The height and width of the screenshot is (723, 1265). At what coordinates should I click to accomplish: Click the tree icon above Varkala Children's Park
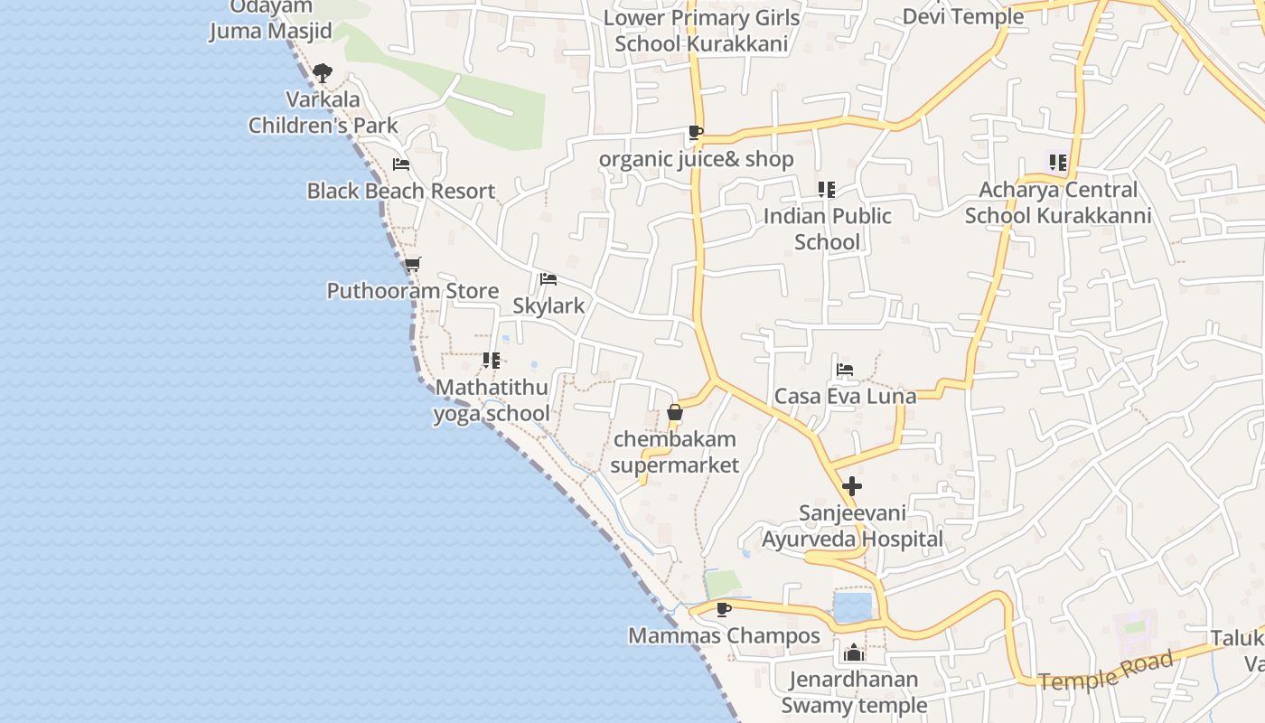(322, 73)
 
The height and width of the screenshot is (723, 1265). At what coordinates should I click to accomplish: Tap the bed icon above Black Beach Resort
(401, 164)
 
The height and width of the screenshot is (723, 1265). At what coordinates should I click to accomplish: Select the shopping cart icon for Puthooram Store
(412, 265)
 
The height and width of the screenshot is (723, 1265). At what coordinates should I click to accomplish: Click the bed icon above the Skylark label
(548, 279)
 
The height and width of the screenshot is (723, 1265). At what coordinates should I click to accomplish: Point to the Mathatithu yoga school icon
(492, 361)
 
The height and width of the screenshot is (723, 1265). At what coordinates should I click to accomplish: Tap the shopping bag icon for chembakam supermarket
(674, 414)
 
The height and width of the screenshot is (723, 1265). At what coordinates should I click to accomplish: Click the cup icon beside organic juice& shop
(695, 133)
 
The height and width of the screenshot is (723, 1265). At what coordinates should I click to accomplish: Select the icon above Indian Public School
(826, 190)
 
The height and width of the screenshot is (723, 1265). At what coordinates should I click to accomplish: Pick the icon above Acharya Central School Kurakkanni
(1057, 164)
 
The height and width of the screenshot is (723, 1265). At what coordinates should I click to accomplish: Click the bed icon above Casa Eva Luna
(845, 370)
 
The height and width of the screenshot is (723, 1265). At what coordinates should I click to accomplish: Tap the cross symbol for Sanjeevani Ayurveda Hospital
(851, 486)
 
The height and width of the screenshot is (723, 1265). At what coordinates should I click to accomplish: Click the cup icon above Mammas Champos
(723, 609)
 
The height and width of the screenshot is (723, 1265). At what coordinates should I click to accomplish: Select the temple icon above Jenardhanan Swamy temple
(853, 653)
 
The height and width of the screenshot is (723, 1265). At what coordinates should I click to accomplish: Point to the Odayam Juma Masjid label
(271, 20)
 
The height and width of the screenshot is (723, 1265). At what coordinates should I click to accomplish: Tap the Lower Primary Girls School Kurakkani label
(701, 31)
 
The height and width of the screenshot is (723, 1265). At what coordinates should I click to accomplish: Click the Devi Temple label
(963, 16)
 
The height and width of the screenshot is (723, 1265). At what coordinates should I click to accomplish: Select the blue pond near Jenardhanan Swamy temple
(852, 607)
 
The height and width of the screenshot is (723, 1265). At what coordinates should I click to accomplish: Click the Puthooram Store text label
(412, 291)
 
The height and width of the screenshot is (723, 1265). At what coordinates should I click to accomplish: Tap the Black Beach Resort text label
(401, 191)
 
